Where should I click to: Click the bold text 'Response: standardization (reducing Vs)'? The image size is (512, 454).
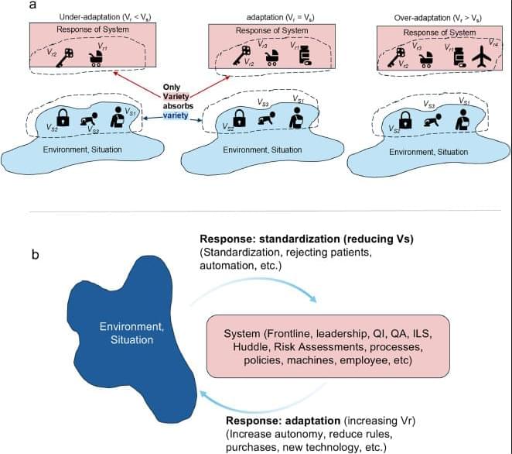(x=306, y=239)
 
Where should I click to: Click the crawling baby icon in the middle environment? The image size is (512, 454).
(x=267, y=120)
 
